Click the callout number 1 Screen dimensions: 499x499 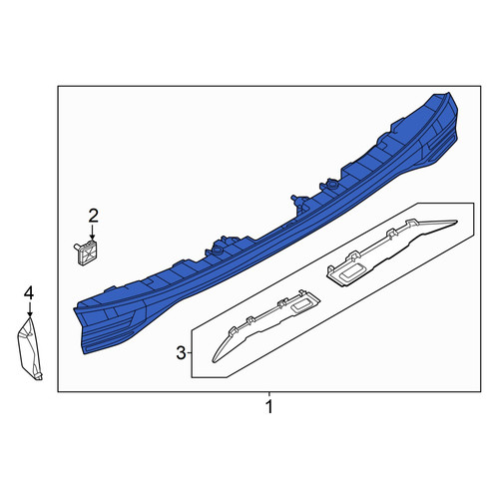269,407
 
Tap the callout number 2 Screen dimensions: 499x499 93,216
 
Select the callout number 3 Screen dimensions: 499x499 181,353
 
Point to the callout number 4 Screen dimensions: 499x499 29,293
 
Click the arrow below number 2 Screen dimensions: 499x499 93,233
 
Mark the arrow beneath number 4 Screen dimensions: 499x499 30,309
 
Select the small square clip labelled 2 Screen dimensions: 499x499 86,252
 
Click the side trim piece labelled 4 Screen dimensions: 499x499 29,348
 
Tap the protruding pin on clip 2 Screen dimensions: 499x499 76,247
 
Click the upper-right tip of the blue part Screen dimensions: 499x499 448,93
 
